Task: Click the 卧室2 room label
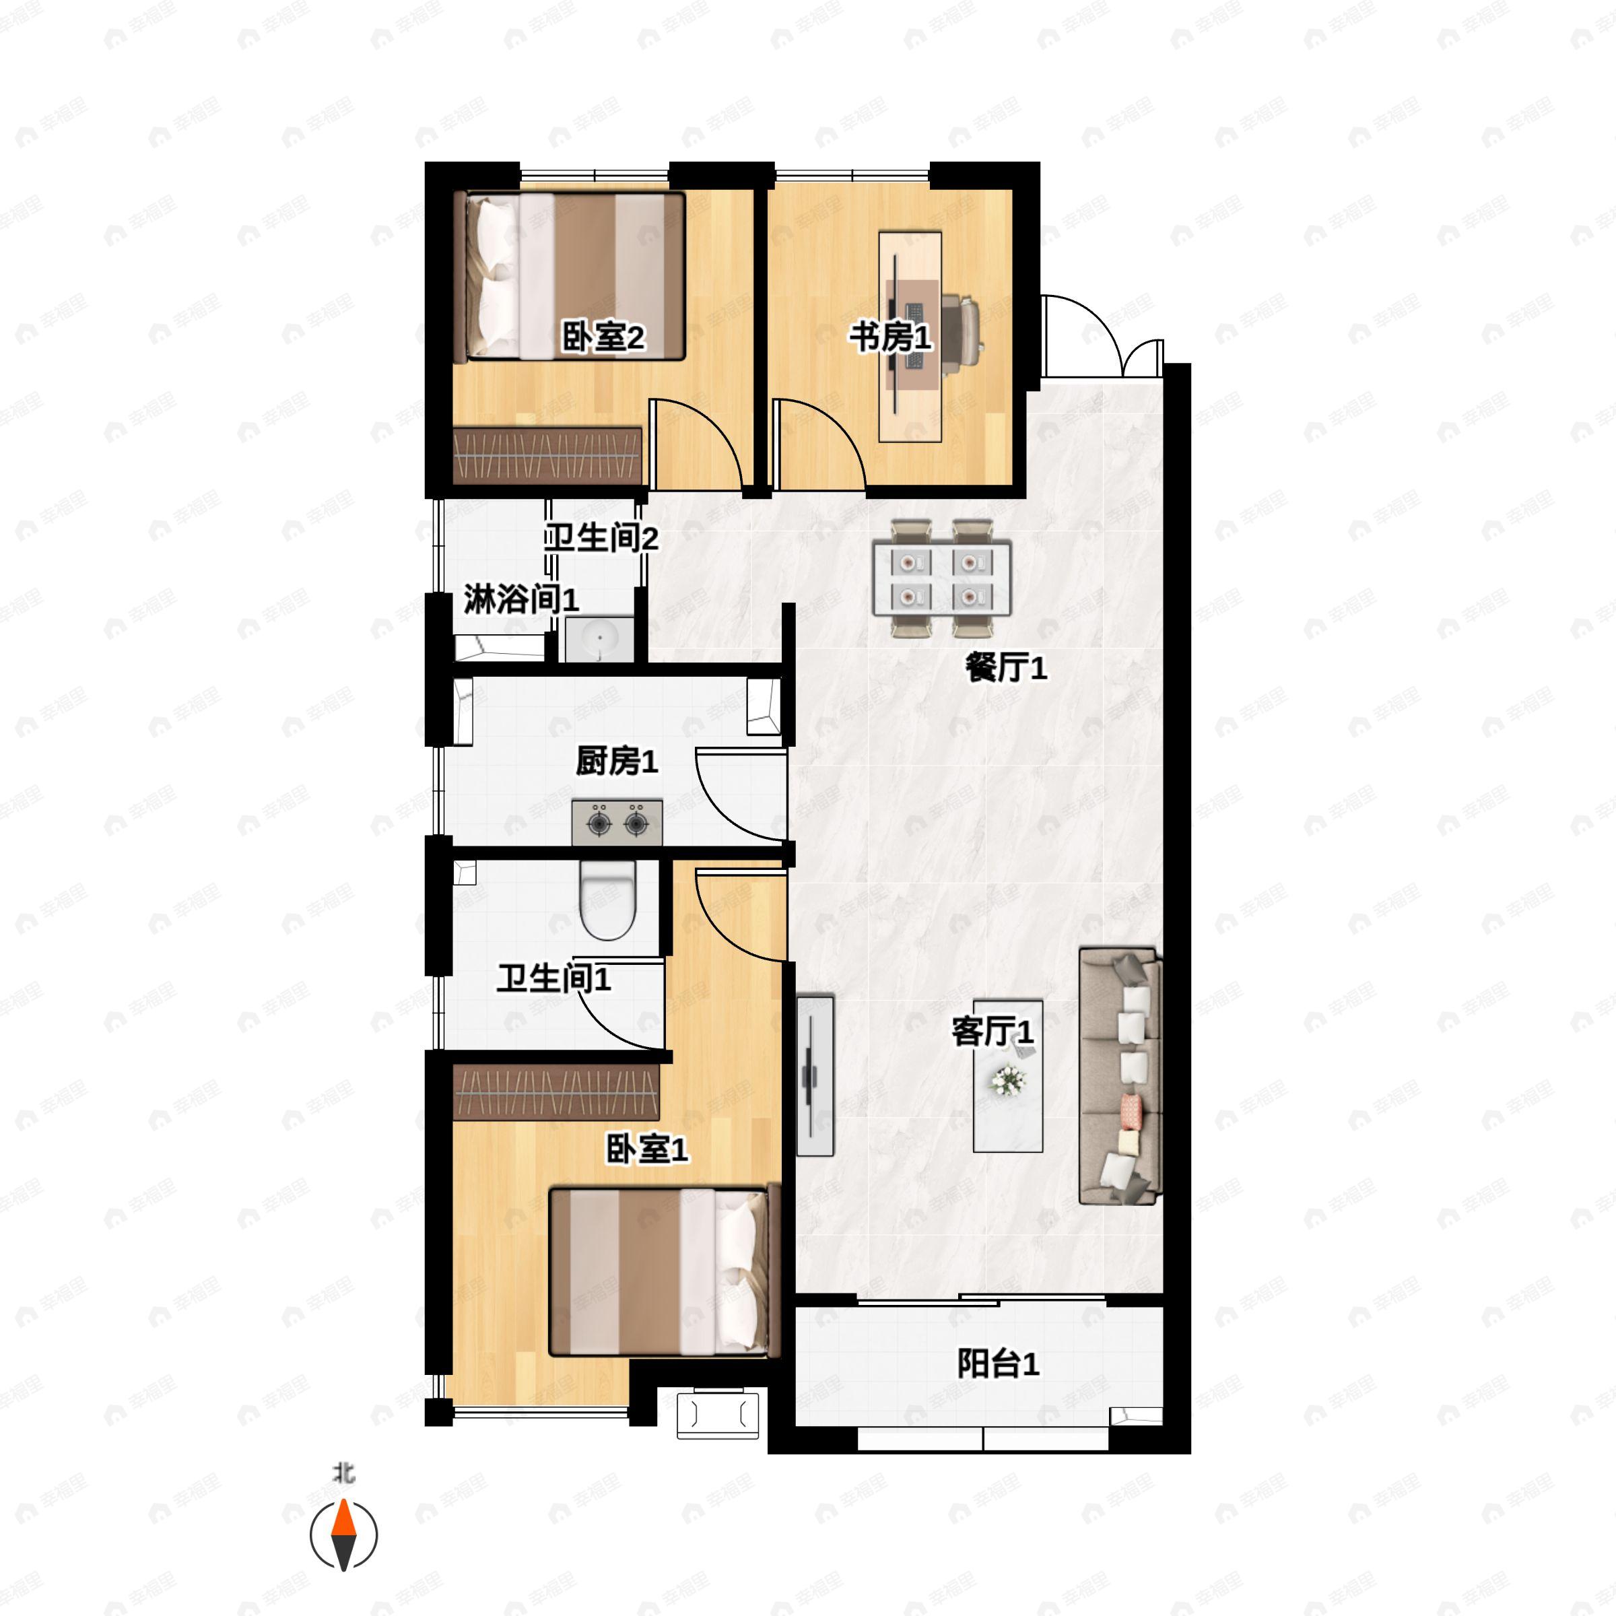pyautogui.click(x=602, y=338)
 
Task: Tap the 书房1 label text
pyautogui.click(x=890, y=338)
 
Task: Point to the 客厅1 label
pyautogui.click(x=993, y=1032)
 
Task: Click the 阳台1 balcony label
pyautogui.click(x=998, y=1363)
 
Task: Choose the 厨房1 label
pyautogui.click(x=617, y=761)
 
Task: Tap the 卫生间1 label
pyautogui.click(x=553, y=978)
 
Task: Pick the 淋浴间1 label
pyautogui.click(x=521, y=600)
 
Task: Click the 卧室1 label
pyautogui.click(x=646, y=1150)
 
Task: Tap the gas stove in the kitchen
pyautogui.click(x=617, y=823)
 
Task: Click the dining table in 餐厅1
pyautogui.click(x=942, y=578)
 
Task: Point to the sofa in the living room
pyautogui.click(x=1120, y=1077)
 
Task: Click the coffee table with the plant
pyautogui.click(x=1008, y=1076)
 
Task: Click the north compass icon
pyautogui.click(x=344, y=1535)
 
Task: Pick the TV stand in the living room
pyautogui.click(x=814, y=1076)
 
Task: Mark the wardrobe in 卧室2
pyautogui.click(x=547, y=455)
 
